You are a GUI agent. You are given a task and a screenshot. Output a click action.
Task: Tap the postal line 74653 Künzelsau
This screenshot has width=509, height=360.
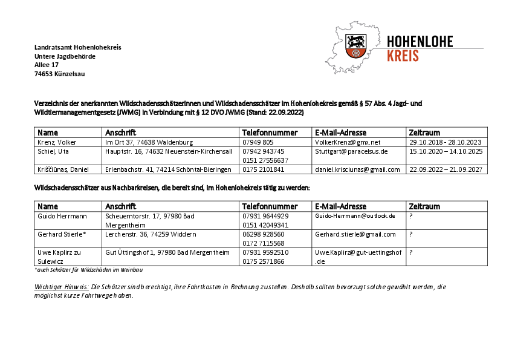(60, 74)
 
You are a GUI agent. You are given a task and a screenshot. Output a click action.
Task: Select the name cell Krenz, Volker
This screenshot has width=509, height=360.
(57, 142)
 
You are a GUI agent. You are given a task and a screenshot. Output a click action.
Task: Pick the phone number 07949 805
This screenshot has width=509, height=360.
(258, 142)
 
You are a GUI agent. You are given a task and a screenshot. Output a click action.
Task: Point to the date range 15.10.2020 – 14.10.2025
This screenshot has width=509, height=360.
(446, 151)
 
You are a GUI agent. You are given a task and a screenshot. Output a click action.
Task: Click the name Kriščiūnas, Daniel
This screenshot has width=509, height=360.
(63, 170)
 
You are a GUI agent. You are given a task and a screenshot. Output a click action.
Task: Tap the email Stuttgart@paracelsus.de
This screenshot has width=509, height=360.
(351, 151)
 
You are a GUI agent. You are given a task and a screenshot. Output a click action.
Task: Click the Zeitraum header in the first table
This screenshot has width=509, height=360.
(424, 133)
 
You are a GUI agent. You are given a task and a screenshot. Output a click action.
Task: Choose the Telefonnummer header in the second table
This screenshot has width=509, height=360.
(270, 206)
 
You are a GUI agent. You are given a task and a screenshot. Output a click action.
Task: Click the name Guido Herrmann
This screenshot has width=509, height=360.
(62, 216)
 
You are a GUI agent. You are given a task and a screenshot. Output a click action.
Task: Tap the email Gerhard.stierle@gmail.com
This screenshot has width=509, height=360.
(355, 234)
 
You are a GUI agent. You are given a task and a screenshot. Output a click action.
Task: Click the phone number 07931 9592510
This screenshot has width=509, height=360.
(265, 252)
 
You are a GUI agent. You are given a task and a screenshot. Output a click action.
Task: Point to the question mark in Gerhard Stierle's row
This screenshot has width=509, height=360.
(411, 234)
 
